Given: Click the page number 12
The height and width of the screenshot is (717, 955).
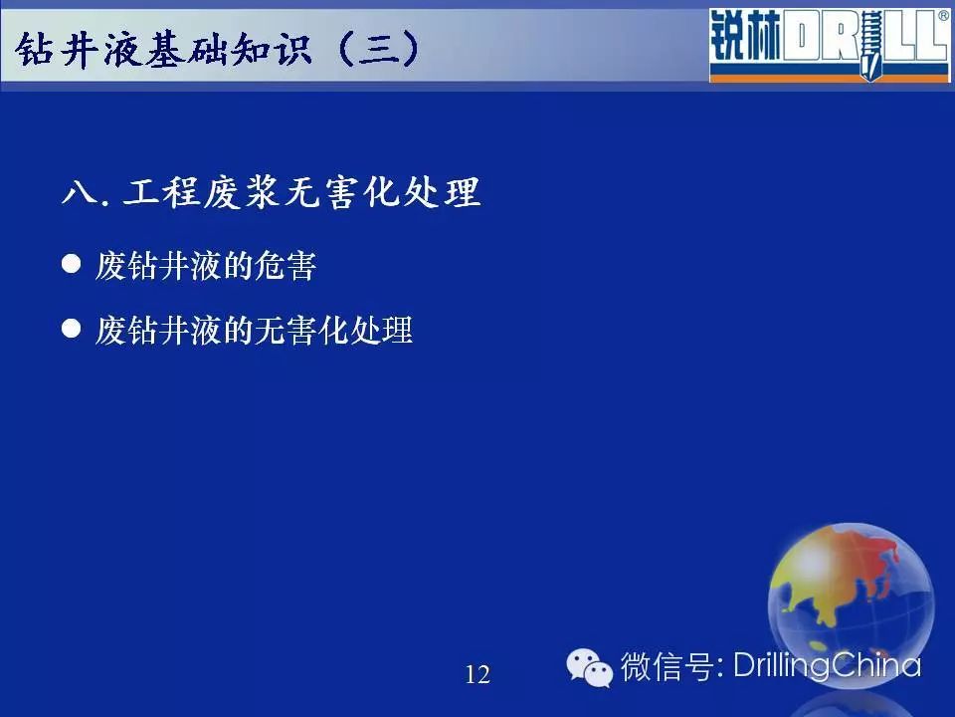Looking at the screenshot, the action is click(x=477, y=674).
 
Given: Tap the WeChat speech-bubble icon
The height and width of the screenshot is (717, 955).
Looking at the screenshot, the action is click(x=589, y=667).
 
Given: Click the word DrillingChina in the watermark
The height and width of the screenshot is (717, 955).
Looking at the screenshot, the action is click(x=827, y=666).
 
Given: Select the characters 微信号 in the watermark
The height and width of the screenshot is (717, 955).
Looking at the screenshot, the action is click(x=667, y=666).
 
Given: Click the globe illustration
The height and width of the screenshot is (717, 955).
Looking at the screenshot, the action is click(x=851, y=604).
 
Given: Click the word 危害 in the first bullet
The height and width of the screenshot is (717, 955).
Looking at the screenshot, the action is click(x=286, y=266).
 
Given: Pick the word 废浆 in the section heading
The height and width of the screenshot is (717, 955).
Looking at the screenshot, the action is click(x=242, y=192).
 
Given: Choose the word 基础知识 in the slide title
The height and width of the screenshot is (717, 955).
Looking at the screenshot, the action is click(x=229, y=49).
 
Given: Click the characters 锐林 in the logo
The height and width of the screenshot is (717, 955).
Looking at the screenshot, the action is click(x=745, y=36).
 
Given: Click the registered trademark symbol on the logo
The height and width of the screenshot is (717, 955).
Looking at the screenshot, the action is click(x=943, y=16).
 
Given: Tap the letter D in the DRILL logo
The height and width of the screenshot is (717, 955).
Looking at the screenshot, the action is click(x=800, y=37).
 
